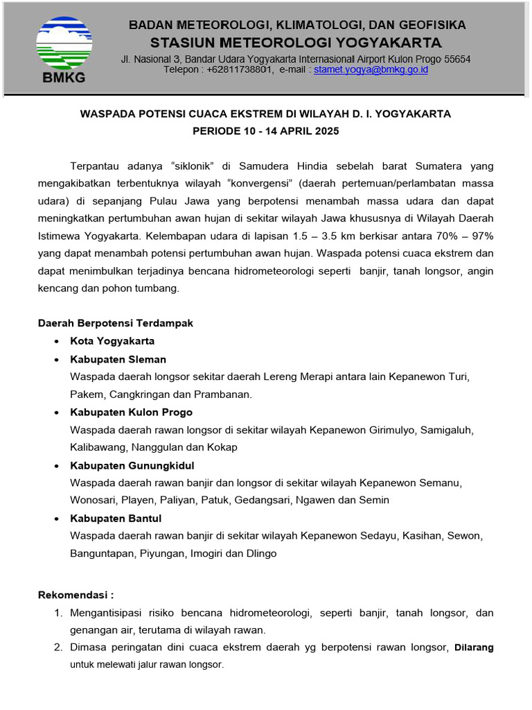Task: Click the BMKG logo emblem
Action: click(64, 44)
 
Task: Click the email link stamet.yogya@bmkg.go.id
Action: click(371, 70)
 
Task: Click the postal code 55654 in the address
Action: click(456, 60)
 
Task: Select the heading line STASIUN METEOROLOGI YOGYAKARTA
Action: click(296, 41)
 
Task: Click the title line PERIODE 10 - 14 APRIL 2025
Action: click(266, 131)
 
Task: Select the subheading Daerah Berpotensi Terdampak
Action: click(115, 323)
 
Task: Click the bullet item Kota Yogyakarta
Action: click(112, 341)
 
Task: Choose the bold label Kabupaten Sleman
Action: click(118, 359)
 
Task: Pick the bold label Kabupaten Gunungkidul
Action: click(132, 465)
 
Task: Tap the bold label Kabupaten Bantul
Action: click(115, 518)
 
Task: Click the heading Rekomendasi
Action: click(76, 595)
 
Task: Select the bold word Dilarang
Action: click(473, 648)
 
